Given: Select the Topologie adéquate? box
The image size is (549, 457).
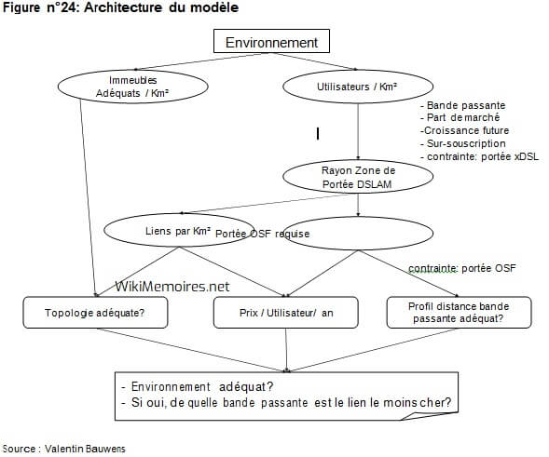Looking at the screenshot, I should click(x=95, y=313).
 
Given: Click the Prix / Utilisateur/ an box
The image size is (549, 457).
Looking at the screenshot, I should click(x=286, y=313).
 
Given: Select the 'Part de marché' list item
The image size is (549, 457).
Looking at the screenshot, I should click(x=460, y=118).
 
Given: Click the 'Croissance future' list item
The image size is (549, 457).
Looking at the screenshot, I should click(x=462, y=131).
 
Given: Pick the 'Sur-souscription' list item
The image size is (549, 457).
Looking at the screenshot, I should click(x=460, y=144).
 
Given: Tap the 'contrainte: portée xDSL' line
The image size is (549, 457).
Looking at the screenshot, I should click(x=476, y=157).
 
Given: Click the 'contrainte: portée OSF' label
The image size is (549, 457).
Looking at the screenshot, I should click(x=461, y=269).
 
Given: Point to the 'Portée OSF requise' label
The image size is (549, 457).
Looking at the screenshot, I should click(x=263, y=233).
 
